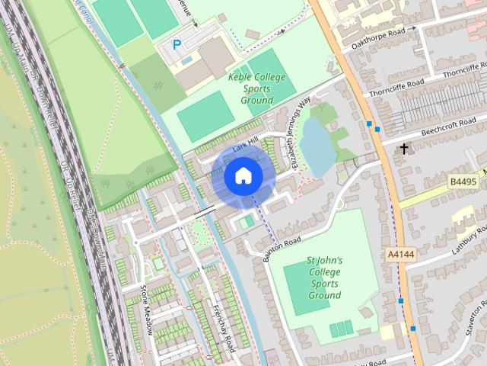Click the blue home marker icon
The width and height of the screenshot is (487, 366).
tap(243, 176)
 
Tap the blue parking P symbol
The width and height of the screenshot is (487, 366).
tap(177, 45)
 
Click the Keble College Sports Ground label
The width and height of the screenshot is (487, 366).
tap(256, 88)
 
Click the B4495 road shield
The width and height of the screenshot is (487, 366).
tap(463, 181)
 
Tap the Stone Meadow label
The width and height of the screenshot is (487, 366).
tap(148, 310)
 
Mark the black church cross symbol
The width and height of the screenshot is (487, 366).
tap(404, 148)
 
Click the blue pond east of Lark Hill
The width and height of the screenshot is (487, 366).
tap(316, 145)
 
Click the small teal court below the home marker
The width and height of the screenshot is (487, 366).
tap(248, 221)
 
